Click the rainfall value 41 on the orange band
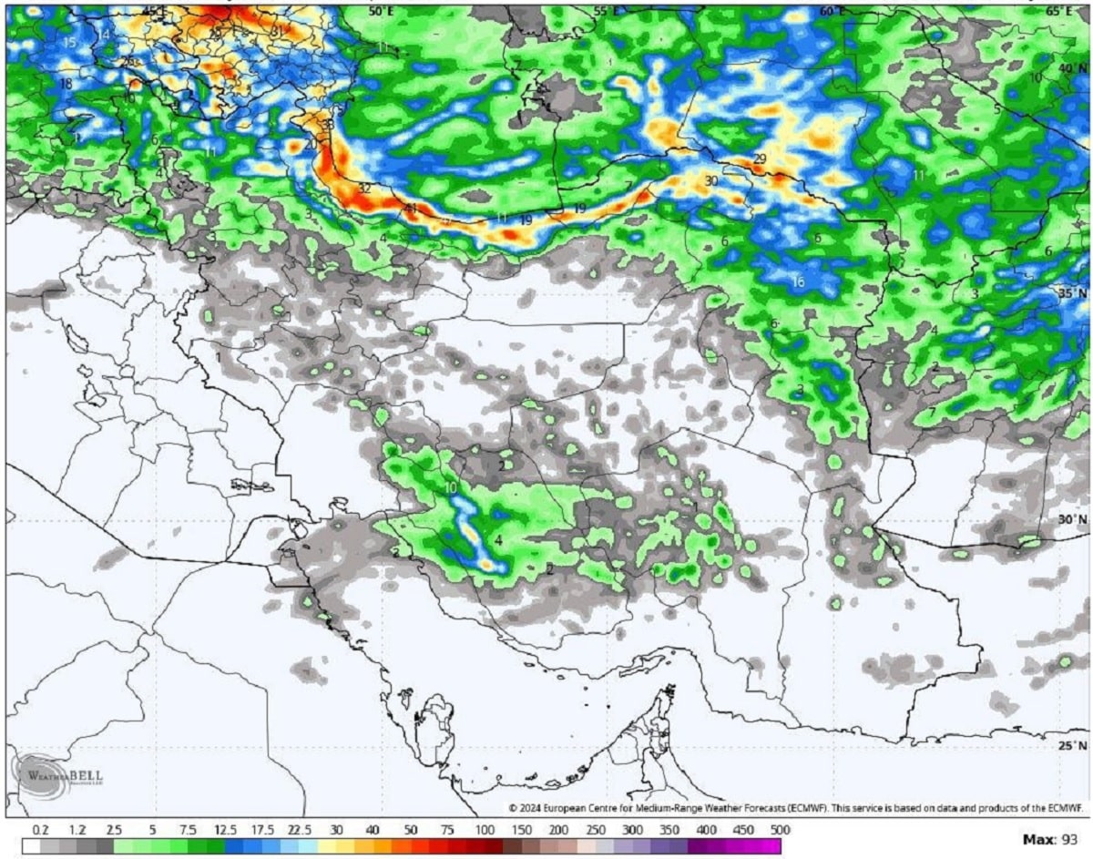410,209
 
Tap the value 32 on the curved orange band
364,189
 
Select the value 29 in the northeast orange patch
760,160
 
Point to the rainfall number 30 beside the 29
711,181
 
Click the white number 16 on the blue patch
798,282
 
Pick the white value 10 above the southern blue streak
451,488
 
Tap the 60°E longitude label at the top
831,11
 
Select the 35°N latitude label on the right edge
1071,293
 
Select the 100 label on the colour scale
485,830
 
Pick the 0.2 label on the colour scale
40,830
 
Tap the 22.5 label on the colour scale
300,830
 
